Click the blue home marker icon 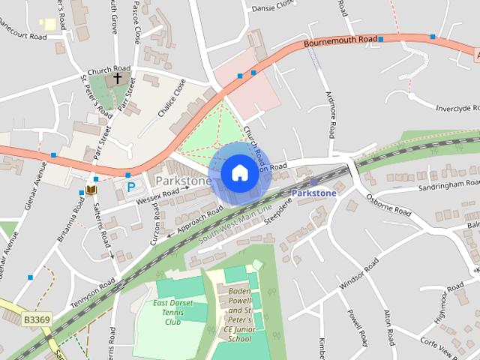(238, 172)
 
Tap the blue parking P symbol (130, 185)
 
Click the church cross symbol (117, 77)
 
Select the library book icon (91, 191)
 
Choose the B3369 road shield (35, 319)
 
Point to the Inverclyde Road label (457, 108)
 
